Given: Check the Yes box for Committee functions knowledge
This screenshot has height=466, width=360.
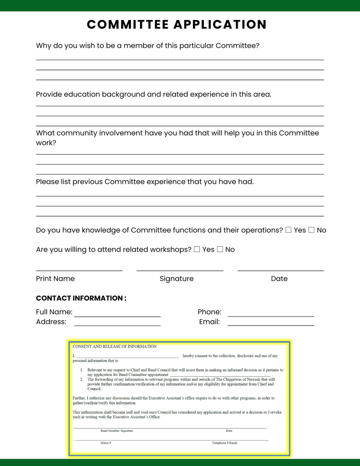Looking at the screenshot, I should (x=289, y=230).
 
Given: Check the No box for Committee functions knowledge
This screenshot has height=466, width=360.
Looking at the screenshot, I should (x=311, y=230).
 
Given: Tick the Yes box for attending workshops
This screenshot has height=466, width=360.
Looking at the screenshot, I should (x=197, y=249).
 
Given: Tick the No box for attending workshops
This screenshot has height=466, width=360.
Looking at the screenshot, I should (x=220, y=249).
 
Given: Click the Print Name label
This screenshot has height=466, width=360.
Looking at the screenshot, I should (x=55, y=279).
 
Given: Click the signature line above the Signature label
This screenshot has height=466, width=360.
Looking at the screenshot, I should (x=180, y=271).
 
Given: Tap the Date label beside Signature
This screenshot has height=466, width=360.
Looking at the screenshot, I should (x=279, y=279).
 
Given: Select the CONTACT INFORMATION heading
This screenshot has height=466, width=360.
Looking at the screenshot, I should (x=81, y=298).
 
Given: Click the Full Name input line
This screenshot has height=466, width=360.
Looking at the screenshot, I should (x=117, y=316).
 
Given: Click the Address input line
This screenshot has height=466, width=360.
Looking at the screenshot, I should (x=117, y=325).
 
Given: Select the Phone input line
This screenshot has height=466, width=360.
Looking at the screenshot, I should (x=271, y=316).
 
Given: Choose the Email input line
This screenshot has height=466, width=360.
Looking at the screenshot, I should (x=271, y=325).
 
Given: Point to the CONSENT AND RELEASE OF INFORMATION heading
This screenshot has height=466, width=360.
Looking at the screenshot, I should (x=115, y=346).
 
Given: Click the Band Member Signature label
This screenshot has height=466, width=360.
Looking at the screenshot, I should (x=117, y=431).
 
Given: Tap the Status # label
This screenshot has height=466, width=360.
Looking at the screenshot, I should (x=106, y=443).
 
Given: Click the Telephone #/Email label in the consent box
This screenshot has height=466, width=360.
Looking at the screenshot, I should (x=224, y=443).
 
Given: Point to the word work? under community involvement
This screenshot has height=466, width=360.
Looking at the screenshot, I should (x=46, y=143).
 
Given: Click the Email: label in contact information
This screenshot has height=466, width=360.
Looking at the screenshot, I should (x=209, y=322).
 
